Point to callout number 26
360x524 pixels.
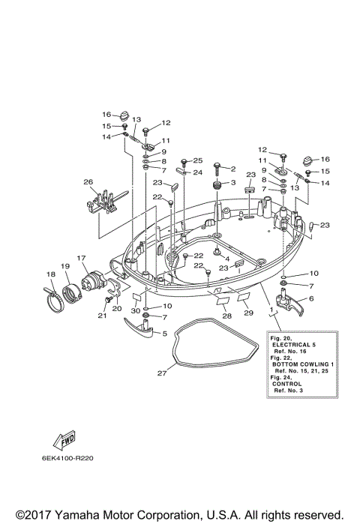[88, 181]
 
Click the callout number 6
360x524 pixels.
[311, 298]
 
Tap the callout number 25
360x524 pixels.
[198, 161]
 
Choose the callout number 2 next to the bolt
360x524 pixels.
[232, 169]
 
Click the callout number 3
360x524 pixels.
[232, 183]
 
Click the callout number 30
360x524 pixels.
[135, 310]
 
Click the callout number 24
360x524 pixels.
[198, 172]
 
